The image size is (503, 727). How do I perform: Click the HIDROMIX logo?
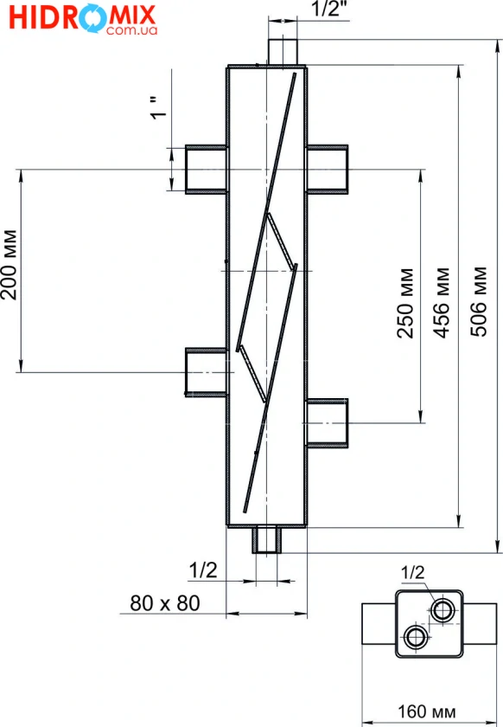(83, 19)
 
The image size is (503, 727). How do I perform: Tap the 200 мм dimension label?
(9, 265)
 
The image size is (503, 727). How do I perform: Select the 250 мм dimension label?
(405, 303)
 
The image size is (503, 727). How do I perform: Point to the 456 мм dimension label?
(442, 302)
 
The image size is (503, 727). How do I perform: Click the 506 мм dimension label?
(479, 301)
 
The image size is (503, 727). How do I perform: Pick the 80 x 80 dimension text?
(165, 602)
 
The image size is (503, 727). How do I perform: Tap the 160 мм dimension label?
(427, 711)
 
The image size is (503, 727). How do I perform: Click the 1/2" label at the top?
(329, 9)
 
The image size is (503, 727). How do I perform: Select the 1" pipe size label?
(158, 107)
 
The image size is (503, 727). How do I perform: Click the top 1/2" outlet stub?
(282, 52)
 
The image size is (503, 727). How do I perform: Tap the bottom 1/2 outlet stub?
(267, 540)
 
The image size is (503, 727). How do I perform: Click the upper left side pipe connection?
(206, 170)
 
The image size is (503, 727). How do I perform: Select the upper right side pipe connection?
(327, 170)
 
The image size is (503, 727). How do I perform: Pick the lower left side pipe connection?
(206, 372)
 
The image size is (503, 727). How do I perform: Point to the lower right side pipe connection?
(327, 423)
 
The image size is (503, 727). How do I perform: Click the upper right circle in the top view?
(442, 609)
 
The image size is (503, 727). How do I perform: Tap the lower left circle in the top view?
(416, 637)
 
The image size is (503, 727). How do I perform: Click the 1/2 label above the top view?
(412, 572)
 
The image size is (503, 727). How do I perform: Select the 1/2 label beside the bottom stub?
(203, 569)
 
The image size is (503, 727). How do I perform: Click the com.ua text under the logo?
(131, 30)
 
